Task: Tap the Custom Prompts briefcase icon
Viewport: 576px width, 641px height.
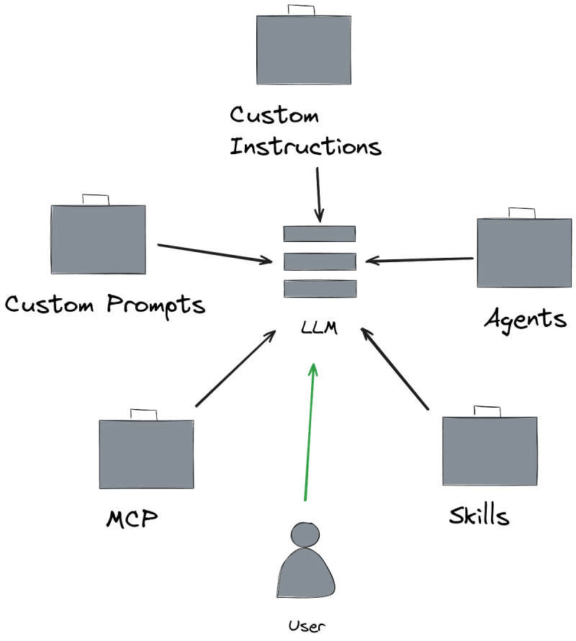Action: tap(98, 239)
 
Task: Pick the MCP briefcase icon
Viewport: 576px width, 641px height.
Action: tap(146, 454)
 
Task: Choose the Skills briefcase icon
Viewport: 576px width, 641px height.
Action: tap(490, 450)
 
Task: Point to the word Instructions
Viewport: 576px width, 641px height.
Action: tap(305, 147)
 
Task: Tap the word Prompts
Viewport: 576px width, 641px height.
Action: tap(156, 304)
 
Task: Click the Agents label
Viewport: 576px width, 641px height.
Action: tap(525, 318)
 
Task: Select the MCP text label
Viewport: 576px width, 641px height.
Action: tap(132, 519)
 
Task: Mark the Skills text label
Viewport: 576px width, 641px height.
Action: tap(479, 516)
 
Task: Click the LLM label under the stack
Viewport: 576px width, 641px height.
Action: tap(320, 331)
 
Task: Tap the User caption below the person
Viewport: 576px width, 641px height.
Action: tap(303, 625)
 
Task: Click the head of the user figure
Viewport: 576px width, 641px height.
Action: tap(305, 535)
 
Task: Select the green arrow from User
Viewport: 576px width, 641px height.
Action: tap(309, 432)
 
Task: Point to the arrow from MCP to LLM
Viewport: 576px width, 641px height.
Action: tap(235, 368)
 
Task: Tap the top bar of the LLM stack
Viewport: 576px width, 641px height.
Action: tap(320, 234)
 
